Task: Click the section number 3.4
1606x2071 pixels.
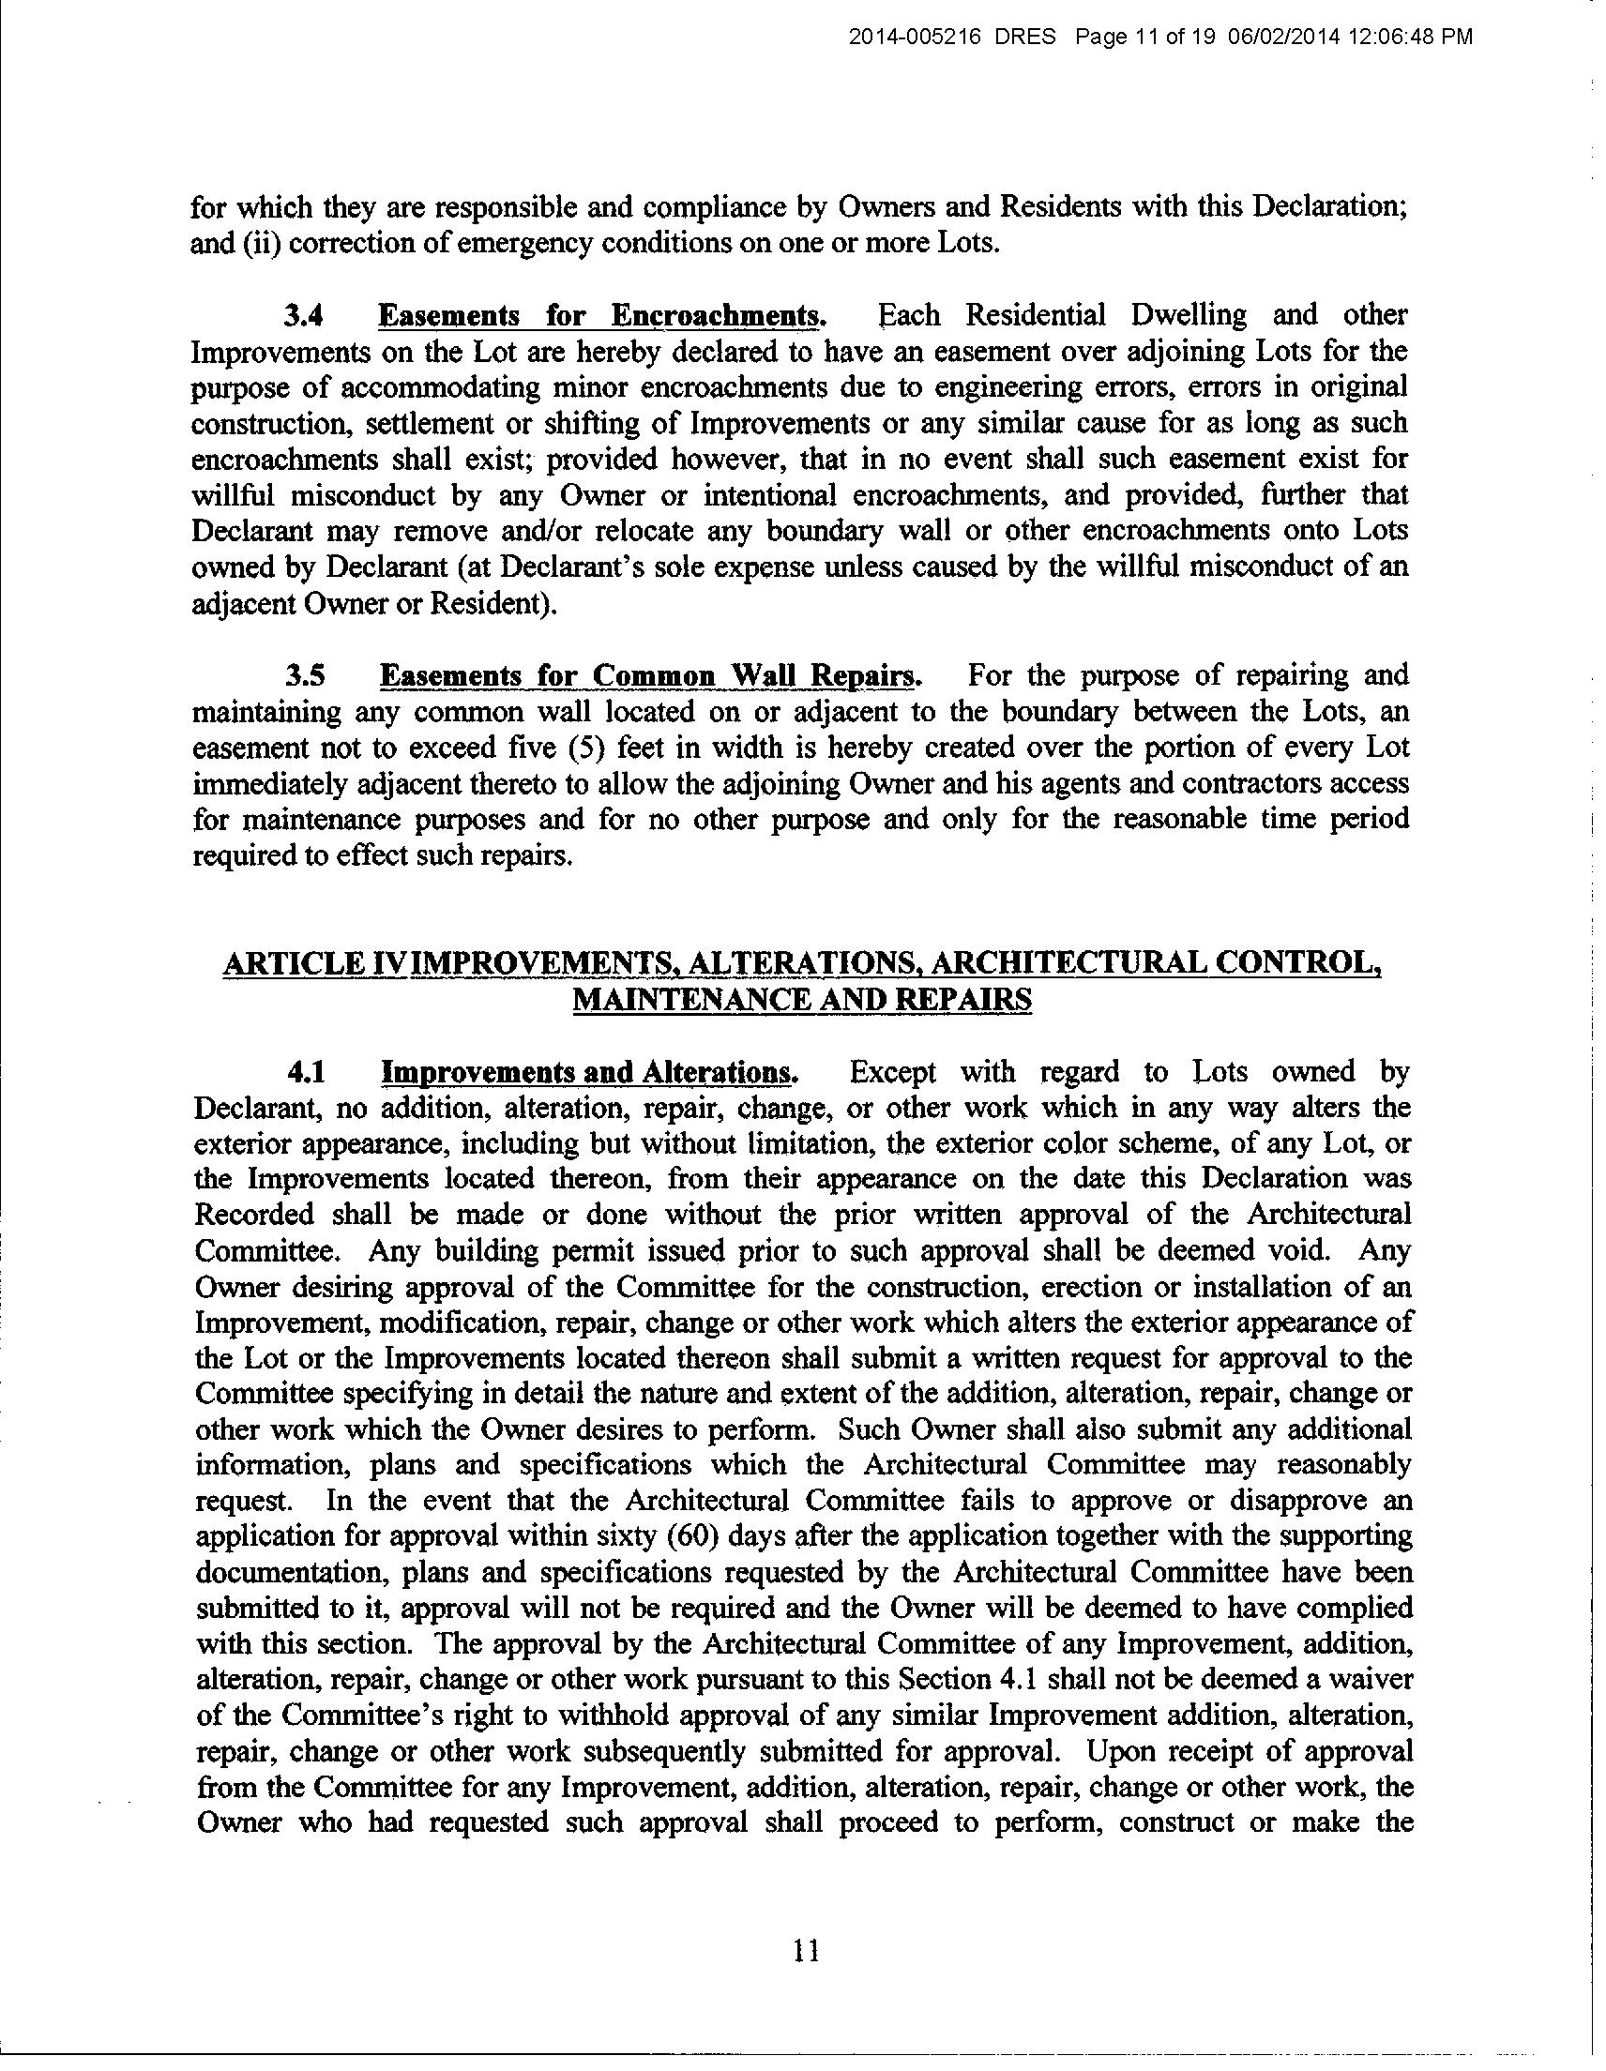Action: coord(306,315)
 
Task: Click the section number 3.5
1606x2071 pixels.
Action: coord(306,676)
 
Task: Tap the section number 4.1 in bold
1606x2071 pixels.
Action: coord(307,1072)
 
